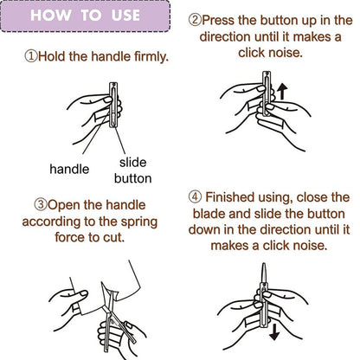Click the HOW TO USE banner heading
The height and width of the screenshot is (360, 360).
tap(85, 15)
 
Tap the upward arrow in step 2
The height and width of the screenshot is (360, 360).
tap(282, 92)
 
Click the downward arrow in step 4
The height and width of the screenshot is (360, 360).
tap(274, 331)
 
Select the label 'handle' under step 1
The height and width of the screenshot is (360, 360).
tap(69, 169)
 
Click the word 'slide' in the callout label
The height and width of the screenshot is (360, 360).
tap(132, 163)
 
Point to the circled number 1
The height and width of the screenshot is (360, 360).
tap(31, 56)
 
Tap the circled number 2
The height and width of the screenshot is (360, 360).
tap(195, 20)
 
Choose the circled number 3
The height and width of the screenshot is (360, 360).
tap(41, 205)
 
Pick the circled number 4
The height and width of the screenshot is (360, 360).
tap(195, 197)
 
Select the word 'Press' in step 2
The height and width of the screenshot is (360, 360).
tap(218, 20)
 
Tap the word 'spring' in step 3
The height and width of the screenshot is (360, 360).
tap(139, 222)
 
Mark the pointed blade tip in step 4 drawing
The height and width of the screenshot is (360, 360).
tap(264, 263)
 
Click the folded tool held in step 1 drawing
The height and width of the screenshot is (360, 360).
tap(113, 105)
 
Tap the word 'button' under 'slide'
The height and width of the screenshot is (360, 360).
tap(132, 178)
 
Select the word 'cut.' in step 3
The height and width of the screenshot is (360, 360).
tap(114, 237)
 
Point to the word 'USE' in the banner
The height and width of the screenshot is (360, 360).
tap(125, 15)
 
